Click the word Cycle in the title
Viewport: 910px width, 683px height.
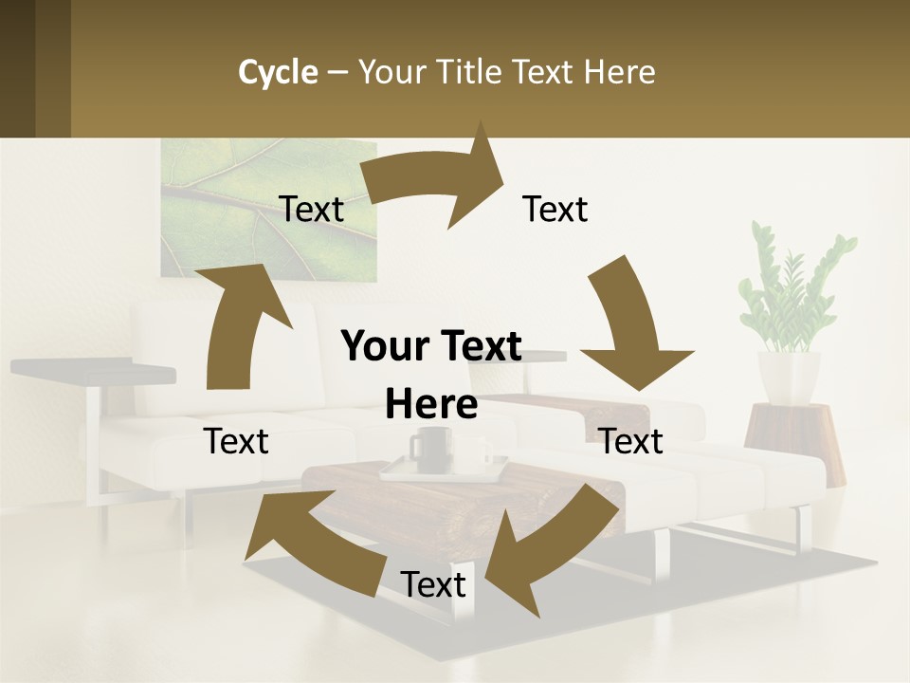coord(278,72)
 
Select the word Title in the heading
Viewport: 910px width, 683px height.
coord(471,72)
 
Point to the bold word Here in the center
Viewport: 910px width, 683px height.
coord(431,405)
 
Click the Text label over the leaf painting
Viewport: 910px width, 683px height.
coord(312,210)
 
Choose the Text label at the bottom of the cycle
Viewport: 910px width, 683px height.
coord(433,584)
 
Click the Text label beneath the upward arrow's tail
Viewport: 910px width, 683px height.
coord(237,441)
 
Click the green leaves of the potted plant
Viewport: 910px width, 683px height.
coord(792,285)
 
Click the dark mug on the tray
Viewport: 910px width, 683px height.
coord(429,446)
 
